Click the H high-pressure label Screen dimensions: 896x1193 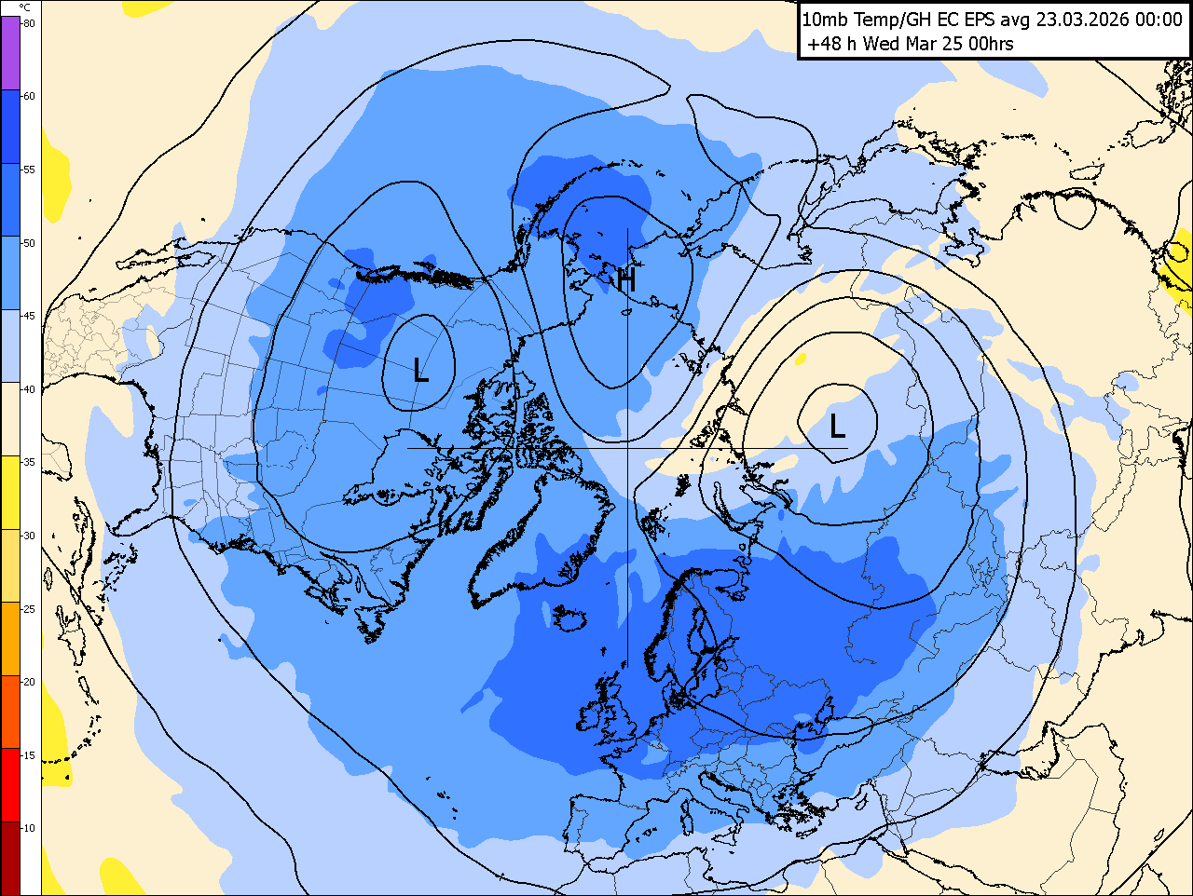626,278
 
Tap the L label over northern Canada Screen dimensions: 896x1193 420,372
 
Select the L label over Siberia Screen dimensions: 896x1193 837,427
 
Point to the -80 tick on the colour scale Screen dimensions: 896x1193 29,23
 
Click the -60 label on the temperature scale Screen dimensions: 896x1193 29,96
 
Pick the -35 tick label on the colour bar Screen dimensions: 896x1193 29,462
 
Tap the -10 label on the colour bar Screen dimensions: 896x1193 29,828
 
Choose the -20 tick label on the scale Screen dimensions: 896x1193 29,682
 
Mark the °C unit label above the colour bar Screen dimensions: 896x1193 24,7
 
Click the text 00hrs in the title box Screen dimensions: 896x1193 991,44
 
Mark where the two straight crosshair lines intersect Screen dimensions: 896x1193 627,448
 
